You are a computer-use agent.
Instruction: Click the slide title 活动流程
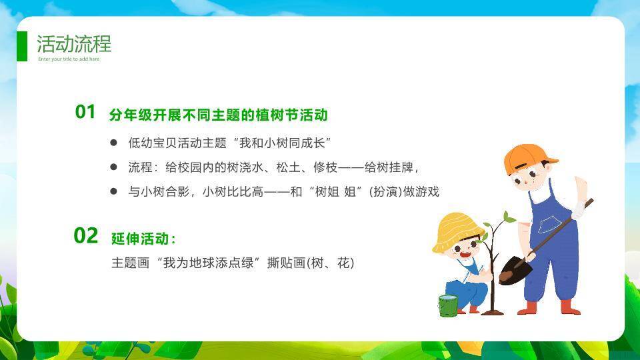pos(74,44)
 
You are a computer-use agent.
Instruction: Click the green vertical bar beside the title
pos(22,46)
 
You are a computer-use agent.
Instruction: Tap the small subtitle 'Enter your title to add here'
pos(69,59)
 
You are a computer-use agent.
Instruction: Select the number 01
pos(85,112)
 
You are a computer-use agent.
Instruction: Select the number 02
pos(86,235)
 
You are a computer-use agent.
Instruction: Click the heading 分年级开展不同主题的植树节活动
pos(219,115)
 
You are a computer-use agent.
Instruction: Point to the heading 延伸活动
pos(143,239)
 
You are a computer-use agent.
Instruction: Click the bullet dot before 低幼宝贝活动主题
pos(113,143)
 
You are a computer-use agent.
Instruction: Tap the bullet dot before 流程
pos(113,167)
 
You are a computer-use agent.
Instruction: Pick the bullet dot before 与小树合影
pos(113,191)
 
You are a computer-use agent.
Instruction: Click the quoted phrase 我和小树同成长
pos(282,143)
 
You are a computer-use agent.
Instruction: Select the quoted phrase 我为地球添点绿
pos(208,263)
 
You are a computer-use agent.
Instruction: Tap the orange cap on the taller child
pos(527,157)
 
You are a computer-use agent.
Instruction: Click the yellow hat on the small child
pos(455,231)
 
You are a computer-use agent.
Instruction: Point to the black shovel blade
pos(515,270)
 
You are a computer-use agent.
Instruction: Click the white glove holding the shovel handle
pos(579,209)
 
